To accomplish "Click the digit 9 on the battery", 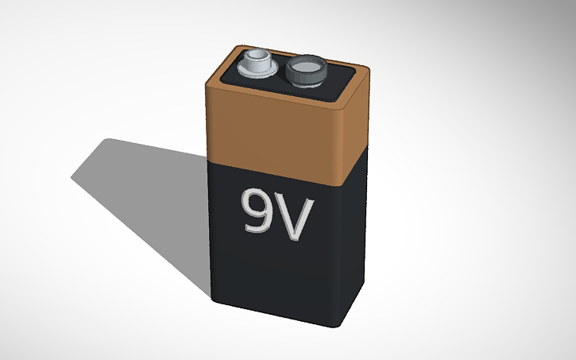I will [x=261, y=211].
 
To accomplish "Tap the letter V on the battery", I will [x=296, y=218].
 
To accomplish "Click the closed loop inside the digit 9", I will [x=259, y=203].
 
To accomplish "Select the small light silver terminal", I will [x=257, y=64].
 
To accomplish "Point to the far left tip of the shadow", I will [x=72, y=178].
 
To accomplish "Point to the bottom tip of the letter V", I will [x=297, y=238].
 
